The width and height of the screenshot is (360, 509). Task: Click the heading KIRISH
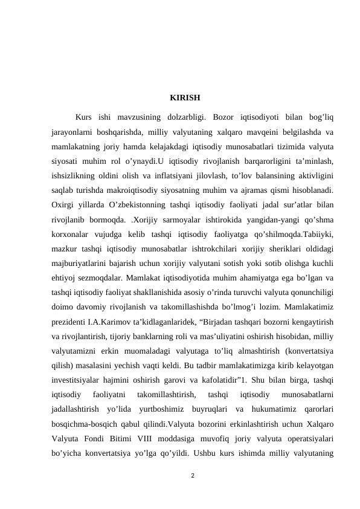(185, 97)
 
